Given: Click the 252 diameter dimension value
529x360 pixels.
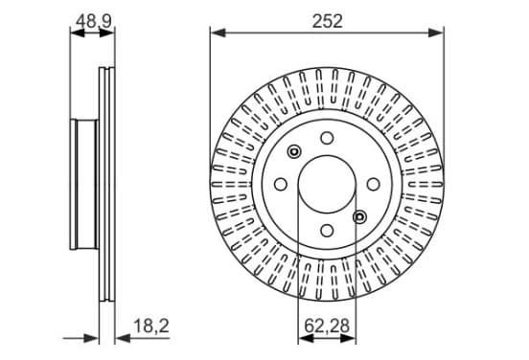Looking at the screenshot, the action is (327, 21).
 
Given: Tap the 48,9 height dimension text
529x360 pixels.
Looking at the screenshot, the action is (93, 21).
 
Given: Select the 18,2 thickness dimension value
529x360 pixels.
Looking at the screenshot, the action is (151, 326).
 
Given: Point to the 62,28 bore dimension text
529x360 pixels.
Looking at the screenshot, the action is (327, 326).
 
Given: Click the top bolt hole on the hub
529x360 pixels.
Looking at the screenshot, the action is (327, 138).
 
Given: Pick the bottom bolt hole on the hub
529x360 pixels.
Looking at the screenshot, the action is (327, 231).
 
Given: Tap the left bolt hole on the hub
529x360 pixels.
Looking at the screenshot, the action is (281, 185).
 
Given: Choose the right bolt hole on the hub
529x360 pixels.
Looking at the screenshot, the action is (373, 185).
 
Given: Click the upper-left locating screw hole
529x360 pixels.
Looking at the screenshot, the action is (294, 151).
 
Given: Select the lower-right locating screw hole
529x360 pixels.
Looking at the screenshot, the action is (359, 216).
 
